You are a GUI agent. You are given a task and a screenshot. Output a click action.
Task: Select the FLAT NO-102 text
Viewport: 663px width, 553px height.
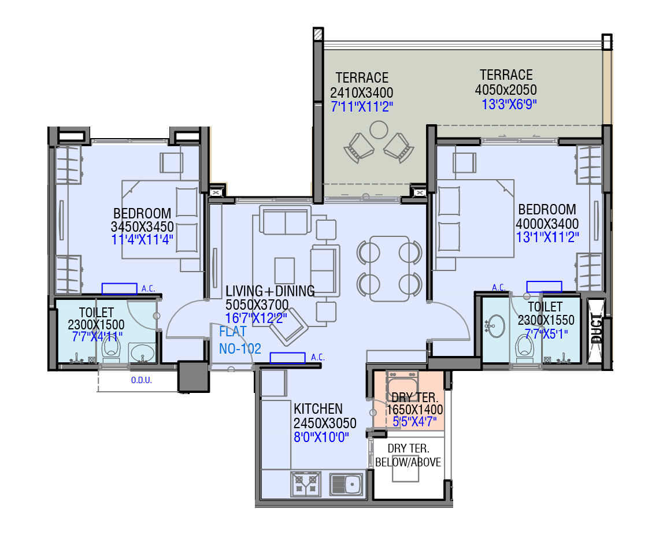pos(239,340)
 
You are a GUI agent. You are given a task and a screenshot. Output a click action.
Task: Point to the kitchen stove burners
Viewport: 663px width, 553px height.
pos(305,484)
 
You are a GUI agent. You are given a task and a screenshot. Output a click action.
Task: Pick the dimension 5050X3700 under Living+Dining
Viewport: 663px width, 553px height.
pos(257,305)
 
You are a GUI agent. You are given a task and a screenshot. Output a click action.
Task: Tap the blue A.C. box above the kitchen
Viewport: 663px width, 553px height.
pos(287,358)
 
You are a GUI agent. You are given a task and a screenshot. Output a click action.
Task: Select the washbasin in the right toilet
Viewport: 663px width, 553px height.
pos(494,327)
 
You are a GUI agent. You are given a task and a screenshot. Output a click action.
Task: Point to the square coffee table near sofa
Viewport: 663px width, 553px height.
pos(284,269)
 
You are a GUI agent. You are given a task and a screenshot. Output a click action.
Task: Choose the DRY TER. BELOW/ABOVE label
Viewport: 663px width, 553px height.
pos(409,455)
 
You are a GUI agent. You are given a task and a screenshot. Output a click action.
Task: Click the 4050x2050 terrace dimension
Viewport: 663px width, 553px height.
pos(506,90)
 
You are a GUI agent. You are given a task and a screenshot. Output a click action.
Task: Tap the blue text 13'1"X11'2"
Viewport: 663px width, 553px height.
pos(547,236)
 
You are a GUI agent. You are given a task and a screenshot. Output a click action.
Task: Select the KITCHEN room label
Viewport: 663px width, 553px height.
pos(318,409)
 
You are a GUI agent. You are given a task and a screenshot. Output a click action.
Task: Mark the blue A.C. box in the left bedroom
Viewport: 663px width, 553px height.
pos(120,288)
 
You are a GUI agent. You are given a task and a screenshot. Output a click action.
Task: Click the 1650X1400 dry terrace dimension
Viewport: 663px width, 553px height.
pos(414,410)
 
